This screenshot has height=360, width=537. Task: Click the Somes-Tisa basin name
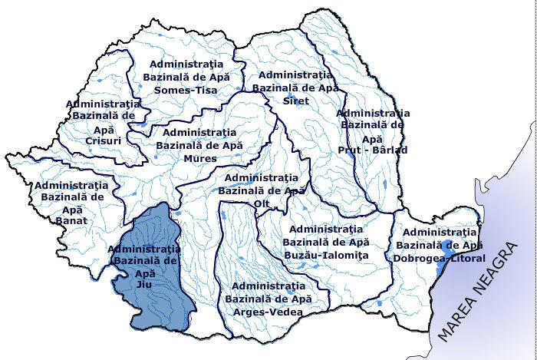coord(186,91)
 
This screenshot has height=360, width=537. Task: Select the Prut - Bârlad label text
coord(373,150)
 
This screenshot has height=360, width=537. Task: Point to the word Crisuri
coord(99,142)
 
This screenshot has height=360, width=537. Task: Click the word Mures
coord(199,158)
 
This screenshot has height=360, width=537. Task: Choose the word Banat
coord(71,221)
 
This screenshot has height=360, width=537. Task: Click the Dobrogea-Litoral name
coord(440,258)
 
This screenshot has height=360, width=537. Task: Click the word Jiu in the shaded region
coord(144,284)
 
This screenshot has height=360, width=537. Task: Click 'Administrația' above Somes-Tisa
coord(186,64)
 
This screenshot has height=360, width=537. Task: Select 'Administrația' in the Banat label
coord(71,185)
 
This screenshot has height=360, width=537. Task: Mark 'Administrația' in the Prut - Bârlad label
coord(373,113)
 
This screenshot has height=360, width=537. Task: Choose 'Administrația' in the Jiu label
coord(144,249)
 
